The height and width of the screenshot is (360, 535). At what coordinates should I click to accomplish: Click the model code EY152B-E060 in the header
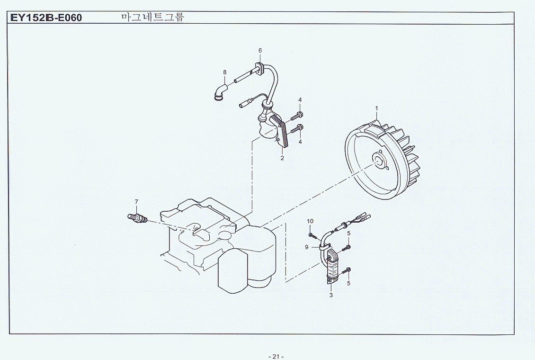coord(46,18)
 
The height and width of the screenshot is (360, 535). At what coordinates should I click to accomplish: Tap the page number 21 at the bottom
coord(276,357)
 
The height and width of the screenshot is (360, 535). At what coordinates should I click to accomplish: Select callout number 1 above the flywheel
coord(377,108)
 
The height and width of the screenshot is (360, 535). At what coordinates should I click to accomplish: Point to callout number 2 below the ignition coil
coord(282,158)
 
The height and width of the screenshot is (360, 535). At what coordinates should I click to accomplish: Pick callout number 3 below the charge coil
coord(331,295)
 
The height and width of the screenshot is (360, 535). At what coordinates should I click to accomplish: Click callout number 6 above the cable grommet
coord(260,51)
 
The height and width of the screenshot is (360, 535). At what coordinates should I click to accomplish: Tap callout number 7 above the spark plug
coord(136,201)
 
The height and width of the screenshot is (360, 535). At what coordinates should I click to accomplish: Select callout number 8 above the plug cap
coord(224,72)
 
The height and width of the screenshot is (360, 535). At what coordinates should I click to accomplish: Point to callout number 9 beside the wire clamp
coord(306,247)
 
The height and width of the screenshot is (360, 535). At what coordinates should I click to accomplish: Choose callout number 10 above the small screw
coord(310,221)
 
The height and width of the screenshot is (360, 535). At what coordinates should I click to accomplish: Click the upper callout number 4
coord(300,100)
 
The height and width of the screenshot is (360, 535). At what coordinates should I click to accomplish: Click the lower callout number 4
coord(300,142)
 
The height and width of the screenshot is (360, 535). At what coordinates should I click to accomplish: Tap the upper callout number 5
coord(349,234)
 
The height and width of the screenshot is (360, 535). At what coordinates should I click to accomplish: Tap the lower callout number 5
coord(348,283)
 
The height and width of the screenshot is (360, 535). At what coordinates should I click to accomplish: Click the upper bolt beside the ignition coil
coord(297,116)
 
